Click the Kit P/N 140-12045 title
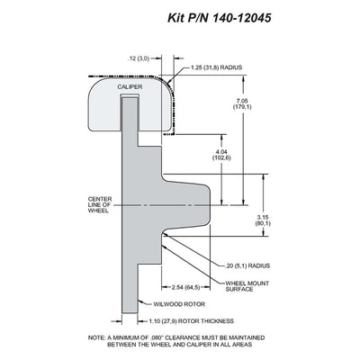(220, 18)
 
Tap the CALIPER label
(130, 86)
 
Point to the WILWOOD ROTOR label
(179, 304)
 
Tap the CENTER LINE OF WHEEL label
(100, 204)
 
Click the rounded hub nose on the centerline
(207, 205)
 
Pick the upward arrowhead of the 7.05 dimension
(244, 79)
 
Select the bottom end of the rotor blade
(130, 312)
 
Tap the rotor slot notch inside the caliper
(130, 95)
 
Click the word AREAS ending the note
(242, 345)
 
